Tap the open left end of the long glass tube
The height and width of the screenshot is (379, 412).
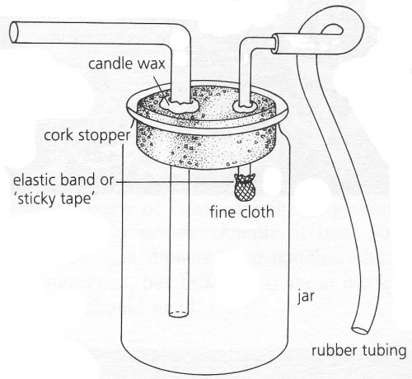coord(14,33)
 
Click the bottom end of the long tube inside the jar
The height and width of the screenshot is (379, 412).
coord(180,314)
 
